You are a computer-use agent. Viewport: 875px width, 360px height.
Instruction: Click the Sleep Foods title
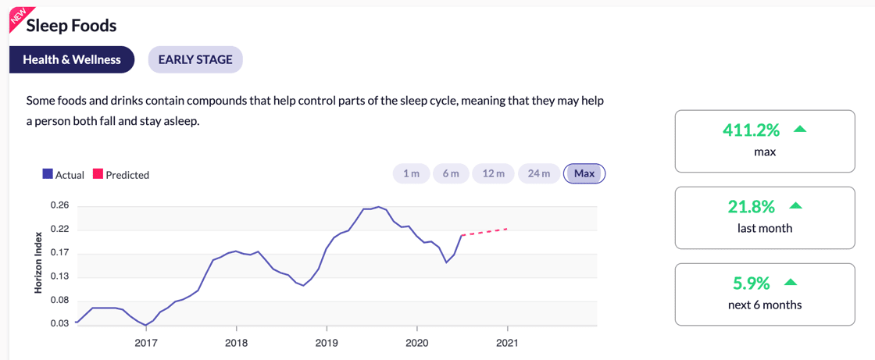pos(71,26)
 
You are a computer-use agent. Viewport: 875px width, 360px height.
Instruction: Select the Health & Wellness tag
pos(72,59)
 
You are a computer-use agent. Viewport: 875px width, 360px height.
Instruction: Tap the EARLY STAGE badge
pos(195,59)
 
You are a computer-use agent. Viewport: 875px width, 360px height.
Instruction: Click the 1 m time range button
pos(411,173)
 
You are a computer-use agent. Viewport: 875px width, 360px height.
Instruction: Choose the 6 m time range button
pos(451,173)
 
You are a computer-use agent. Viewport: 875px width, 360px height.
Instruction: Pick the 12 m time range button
pos(494,173)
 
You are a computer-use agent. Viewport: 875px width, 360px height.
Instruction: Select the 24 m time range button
pos(539,173)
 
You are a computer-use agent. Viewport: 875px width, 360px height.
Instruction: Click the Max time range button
pos(584,173)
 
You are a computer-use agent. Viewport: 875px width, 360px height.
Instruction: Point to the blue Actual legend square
pos(48,174)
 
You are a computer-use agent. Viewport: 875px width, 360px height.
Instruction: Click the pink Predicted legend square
pos(98,174)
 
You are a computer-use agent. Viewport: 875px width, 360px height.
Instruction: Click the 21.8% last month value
pos(751,207)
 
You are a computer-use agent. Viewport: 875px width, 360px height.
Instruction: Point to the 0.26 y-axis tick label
pos(60,206)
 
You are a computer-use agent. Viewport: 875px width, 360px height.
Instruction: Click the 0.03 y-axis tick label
pos(60,323)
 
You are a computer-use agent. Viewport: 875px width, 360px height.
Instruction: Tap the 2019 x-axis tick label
pos(327,343)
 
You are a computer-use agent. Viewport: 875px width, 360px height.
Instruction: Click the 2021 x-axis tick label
pos(508,343)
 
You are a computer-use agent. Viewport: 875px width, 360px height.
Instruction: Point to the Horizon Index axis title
pos(37,262)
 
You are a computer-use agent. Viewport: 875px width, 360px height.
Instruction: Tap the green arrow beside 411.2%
pos(799,129)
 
